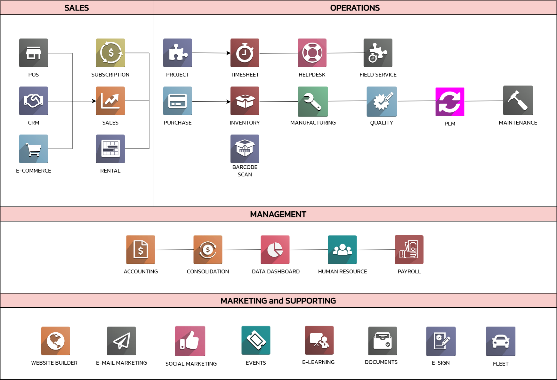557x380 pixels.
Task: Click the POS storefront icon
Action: click(x=34, y=53)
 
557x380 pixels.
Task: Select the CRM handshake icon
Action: click(x=34, y=101)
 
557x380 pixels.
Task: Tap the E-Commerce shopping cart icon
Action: click(x=34, y=149)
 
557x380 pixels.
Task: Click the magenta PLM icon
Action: click(x=450, y=102)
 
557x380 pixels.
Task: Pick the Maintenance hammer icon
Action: click(x=518, y=101)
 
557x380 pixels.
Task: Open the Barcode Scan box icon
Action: click(x=245, y=149)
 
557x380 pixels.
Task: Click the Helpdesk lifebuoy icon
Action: click(x=312, y=53)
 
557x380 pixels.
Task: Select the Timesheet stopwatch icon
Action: click(x=245, y=53)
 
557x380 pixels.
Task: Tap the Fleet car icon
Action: click(x=501, y=341)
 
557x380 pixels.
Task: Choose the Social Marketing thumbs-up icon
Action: click(x=190, y=341)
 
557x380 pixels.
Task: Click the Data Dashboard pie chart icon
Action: click(x=275, y=250)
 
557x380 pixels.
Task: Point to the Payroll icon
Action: click(x=409, y=250)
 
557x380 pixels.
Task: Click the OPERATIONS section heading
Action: click(x=355, y=8)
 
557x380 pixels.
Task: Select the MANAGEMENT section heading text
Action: click(x=278, y=214)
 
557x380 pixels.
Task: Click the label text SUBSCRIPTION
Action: click(x=110, y=75)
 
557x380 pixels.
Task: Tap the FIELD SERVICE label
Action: click(x=378, y=75)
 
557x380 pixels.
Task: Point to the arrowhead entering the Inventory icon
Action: click(x=229, y=102)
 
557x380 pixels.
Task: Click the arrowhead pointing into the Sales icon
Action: click(x=94, y=101)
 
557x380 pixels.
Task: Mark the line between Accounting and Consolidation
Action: click(x=174, y=250)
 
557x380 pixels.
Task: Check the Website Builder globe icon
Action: click(x=56, y=341)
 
